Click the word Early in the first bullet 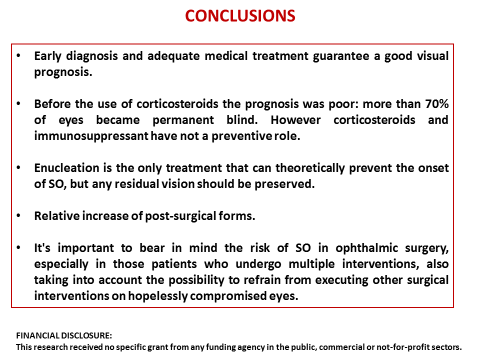50,56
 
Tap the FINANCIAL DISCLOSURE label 63,336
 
